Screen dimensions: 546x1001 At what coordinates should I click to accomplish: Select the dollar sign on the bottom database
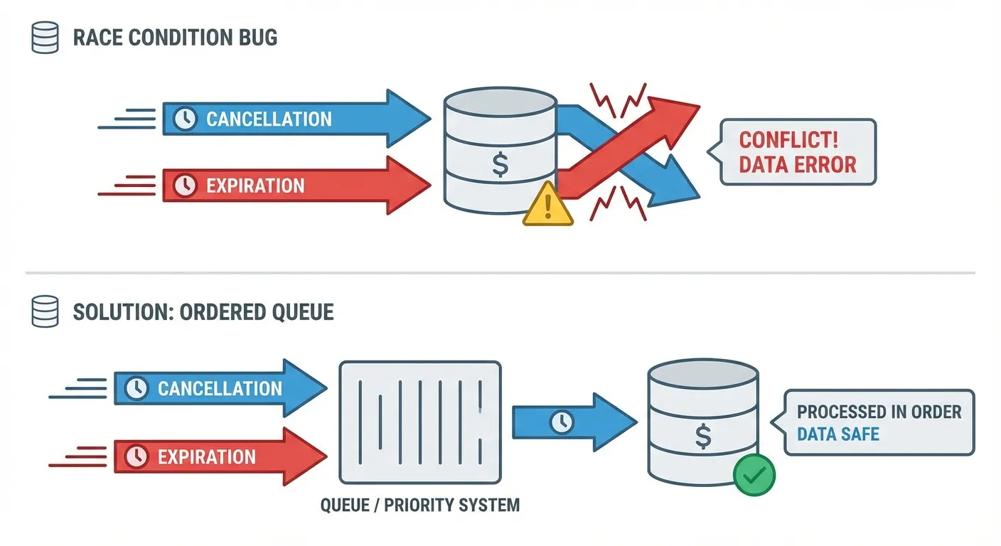(x=703, y=436)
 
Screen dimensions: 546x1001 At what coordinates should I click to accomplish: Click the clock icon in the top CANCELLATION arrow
(x=185, y=119)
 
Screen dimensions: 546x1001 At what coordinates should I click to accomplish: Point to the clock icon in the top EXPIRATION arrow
(x=185, y=186)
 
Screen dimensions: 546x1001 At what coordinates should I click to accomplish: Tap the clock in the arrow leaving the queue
(x=562, y=422)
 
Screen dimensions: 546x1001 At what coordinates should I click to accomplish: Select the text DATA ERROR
(x=798, y=166)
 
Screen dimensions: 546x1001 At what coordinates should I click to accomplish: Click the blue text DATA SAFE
(x=837, y=434)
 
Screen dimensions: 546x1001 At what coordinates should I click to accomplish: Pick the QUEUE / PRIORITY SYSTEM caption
(x=420, y=505)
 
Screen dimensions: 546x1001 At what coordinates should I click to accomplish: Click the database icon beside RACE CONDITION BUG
(x=45, y=38)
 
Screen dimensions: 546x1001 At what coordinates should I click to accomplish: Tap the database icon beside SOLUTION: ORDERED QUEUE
(x=45, y=312)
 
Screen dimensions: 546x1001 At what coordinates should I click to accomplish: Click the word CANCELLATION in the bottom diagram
(x=220, y=388)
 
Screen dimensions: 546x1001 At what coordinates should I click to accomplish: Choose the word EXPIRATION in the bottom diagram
(x=207, y=456)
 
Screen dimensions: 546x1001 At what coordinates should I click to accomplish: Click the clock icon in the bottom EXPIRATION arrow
(x=136, y=456)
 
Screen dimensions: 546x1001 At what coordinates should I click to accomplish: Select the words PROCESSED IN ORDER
(x=879, y=412)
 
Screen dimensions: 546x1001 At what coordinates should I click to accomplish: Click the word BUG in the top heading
(x=258, y=37)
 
